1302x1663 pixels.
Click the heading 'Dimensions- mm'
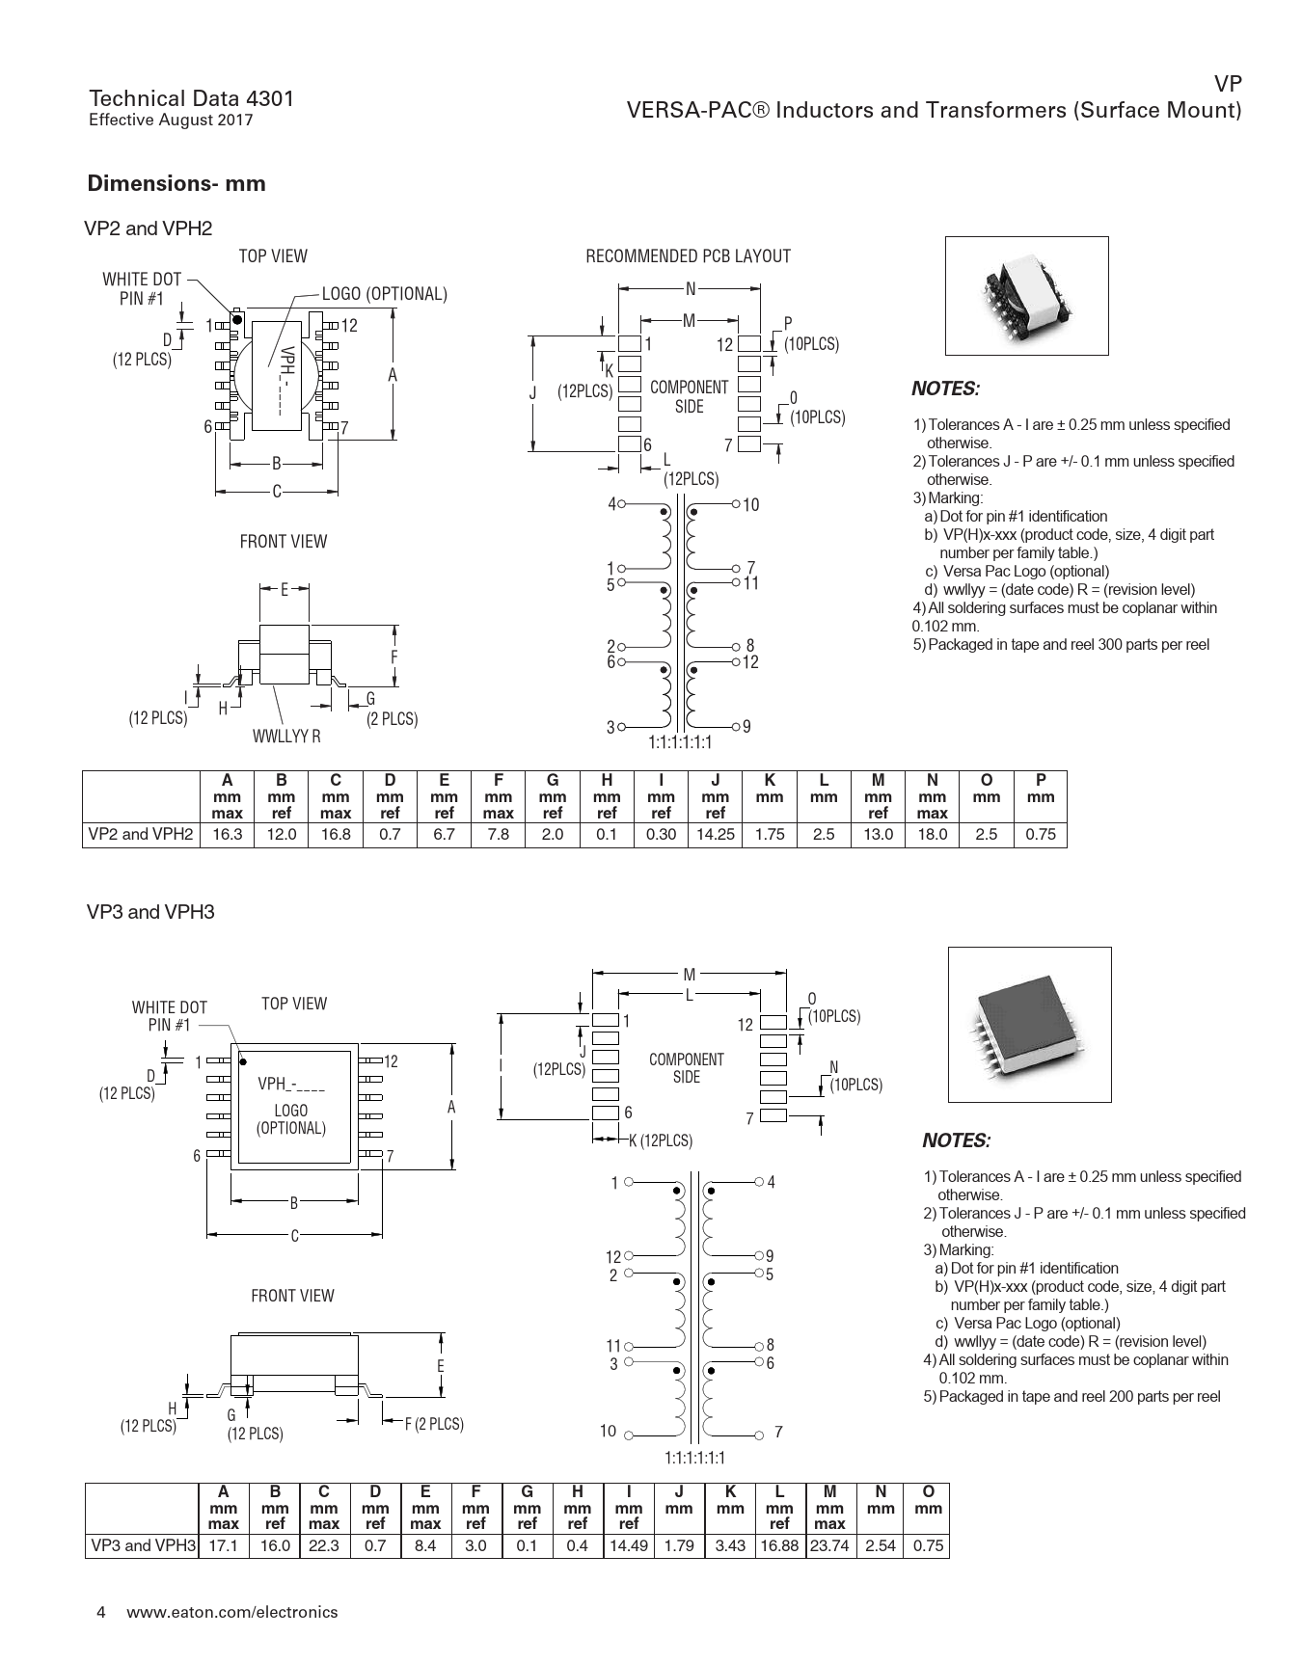coord(176,183)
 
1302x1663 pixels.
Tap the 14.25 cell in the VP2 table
coord(715,835)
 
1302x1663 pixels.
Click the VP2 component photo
coord(1026,296)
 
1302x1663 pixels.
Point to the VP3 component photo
coord(1029,1024)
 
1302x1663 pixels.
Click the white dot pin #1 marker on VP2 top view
coord(237,318)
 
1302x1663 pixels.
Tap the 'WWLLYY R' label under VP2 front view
coord(286,737)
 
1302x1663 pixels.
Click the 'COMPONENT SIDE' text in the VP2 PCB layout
coord(689,396)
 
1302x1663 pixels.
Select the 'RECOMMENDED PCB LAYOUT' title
coord(688,256)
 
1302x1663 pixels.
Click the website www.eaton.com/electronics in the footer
coord(232,1612)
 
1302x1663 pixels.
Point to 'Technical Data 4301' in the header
coord(191,98)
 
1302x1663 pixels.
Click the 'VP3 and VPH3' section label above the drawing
coord(150,912)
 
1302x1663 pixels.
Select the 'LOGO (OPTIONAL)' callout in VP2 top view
coord(384,294)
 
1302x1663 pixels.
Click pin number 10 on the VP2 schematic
coord(751,504)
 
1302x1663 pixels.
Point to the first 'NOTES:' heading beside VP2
coord(945,389)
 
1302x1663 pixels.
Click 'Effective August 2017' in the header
coord(171,121)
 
